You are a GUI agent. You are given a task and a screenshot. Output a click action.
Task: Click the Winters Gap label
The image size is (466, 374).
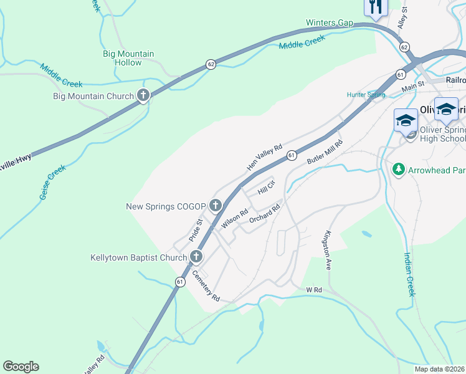329,23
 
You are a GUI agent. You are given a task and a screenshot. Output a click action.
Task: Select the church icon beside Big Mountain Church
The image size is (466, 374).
143,96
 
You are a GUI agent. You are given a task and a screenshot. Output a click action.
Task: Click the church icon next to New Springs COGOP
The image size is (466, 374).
216,205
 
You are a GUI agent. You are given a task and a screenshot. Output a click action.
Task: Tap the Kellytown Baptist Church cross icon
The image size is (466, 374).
196,257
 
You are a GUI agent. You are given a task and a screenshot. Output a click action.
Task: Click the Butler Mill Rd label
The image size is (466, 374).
325,152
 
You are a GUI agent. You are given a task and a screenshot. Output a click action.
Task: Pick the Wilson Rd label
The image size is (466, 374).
235,219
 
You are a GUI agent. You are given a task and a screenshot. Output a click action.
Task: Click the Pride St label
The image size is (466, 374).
196,230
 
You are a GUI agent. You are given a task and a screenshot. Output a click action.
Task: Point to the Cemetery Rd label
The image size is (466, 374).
206,286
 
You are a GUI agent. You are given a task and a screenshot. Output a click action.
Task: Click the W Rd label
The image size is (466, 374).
313,290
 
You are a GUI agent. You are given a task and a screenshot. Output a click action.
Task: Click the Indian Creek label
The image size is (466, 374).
409,274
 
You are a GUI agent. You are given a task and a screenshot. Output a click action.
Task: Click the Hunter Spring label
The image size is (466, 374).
366,95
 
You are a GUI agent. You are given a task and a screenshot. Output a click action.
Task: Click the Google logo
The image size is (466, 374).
21,367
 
